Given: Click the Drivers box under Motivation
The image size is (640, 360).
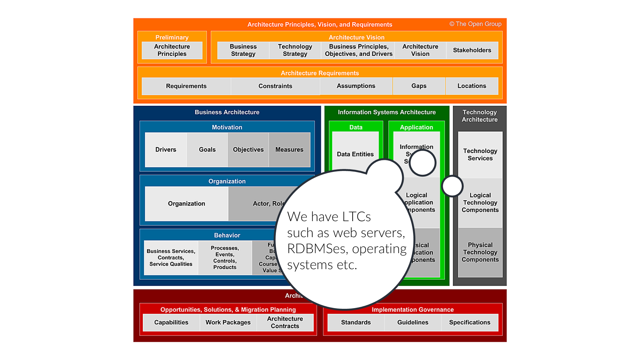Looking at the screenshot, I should click(166, 149).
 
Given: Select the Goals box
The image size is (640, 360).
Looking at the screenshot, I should click(207, 149).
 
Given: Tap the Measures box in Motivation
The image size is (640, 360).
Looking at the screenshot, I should click(289, 149).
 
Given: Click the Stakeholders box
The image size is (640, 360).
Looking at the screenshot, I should click(472, 50).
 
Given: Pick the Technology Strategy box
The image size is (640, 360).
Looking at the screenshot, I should click(295, 50).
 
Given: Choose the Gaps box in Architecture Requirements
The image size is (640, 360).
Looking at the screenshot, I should click(419, 86).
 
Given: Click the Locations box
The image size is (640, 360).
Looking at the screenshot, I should click(472, 86).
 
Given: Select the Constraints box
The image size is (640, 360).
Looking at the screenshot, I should click(275, 86).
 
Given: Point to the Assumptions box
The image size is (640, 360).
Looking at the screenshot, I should click(356, 86).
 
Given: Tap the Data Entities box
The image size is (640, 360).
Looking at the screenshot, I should click(355, 154).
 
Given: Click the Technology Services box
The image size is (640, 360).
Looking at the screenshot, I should click(480, 155).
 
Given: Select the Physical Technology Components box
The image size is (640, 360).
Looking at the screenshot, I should click(480, 252).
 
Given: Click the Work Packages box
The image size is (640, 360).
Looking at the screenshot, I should click(228, 322).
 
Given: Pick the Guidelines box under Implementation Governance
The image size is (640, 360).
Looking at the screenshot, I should click(413, 322).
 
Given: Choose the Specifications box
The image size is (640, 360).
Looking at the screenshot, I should click(469, 322).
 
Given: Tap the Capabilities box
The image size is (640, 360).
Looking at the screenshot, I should click(171, 322).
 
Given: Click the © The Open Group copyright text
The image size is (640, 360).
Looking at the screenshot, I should click(475, 24).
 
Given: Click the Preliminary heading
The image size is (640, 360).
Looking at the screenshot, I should click(172, 37).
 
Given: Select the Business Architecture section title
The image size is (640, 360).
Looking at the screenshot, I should click(227, 112).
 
